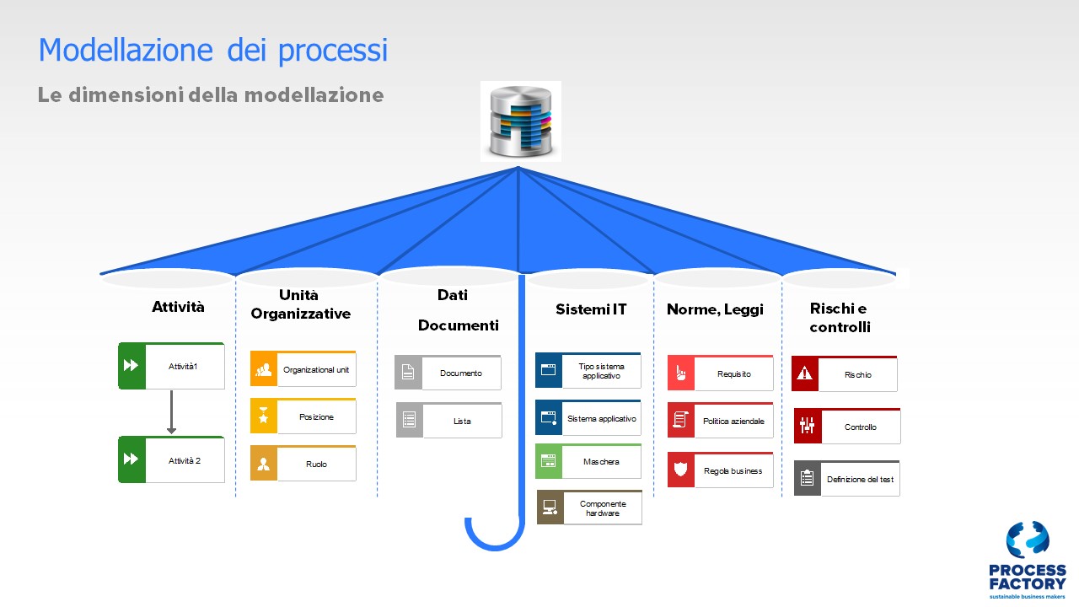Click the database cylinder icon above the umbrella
click(x=521, y=121)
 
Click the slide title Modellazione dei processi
click(x=213, y=50)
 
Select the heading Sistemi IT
click(x=591, y=309)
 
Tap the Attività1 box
click(x=171, y=366)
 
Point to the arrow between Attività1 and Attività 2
click(x=171, y=412)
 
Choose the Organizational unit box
click(x=303, y=368)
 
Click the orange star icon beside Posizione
click(x=264, y=416)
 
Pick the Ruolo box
click(x=303, y=464)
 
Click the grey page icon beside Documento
click(x=408, y=373)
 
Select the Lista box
click(x=449, y=420)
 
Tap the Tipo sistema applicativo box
click(x=588, y=370)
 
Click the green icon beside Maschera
click(x=549, y=461)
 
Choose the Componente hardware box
click(x=589, y=508)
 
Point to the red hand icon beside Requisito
click(x=680, y=373)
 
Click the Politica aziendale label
click(x=733, y=421)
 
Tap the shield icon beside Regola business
click(x=680, y=470)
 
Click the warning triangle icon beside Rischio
click(x=805, y=373)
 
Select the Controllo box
click(x=847, y=426)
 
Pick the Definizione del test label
click(x=861, y=480)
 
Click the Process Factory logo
click(x=1028, y=560)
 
